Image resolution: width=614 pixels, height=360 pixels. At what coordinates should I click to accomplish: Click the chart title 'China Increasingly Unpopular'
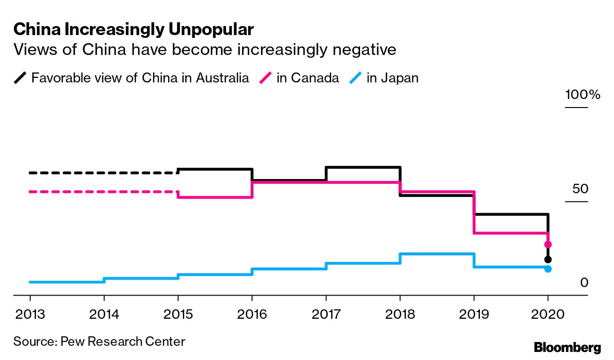pos(134,30)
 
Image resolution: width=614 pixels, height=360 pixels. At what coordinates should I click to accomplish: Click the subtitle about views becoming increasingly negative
pos(205,49)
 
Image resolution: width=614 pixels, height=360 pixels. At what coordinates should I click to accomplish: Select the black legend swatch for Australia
pos(21,78)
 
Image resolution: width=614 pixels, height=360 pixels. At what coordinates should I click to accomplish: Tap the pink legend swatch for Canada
pos(267,78)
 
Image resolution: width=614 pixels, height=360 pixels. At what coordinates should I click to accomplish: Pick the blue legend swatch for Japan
pos(357,78)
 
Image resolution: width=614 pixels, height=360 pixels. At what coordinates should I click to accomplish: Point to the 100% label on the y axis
pos(582,95)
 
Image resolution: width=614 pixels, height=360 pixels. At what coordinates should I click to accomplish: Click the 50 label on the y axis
pos(580,189)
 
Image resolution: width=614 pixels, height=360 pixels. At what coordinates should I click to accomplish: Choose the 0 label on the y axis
pos(584,283)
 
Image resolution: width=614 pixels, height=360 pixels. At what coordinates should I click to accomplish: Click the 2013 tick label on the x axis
pos(30,314)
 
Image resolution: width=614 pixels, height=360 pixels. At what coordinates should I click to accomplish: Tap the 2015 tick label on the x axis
pos(178,314)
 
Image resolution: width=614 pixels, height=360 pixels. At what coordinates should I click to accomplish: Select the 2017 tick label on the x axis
pos(325,314)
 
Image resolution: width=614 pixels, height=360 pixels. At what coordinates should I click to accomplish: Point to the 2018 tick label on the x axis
pos(399,314)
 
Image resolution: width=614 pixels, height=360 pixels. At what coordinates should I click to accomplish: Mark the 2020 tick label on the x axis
pos(548,314)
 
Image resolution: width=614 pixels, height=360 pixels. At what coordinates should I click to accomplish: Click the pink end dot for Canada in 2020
pos(548,244)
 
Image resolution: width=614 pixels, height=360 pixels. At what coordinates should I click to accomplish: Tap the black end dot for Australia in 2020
pos(548,260)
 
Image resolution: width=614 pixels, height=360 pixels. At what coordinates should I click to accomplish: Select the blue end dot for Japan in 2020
pos(548,269)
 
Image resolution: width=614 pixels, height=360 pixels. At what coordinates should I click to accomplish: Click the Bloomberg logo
pos(567,347)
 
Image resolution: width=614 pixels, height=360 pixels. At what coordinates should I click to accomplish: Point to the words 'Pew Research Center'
pos(123,341)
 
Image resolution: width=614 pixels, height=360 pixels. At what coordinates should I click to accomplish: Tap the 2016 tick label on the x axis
pos(252,314)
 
